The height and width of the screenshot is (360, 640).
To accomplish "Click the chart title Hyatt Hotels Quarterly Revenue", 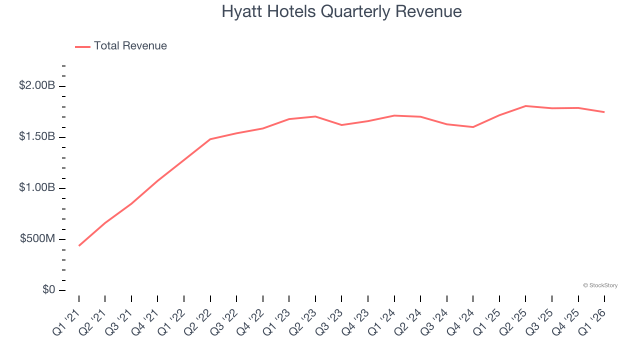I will [x=341, y=11].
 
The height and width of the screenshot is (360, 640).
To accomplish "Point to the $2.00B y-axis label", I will [x=37, y=85].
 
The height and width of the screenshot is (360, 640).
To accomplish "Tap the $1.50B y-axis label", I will [x=37, y=136].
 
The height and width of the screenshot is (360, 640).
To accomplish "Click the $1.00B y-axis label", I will [x=37, y=187].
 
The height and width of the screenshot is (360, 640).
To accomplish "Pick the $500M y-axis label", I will [x=37, y=238].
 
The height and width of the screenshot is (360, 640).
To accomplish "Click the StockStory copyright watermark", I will [x=600, y=285].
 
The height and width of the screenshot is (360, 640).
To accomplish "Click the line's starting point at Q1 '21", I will [x=79, y=245].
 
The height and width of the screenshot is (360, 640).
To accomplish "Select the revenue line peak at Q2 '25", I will [x=525, y=106].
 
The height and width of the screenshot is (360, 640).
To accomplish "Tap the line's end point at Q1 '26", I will [x=604, y=112].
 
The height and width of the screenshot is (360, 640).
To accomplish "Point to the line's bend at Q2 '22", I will [x=210, y=139].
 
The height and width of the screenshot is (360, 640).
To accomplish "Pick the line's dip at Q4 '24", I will [x=473, y=127].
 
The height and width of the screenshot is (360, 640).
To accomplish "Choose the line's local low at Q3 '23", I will [x=341, y=125].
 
